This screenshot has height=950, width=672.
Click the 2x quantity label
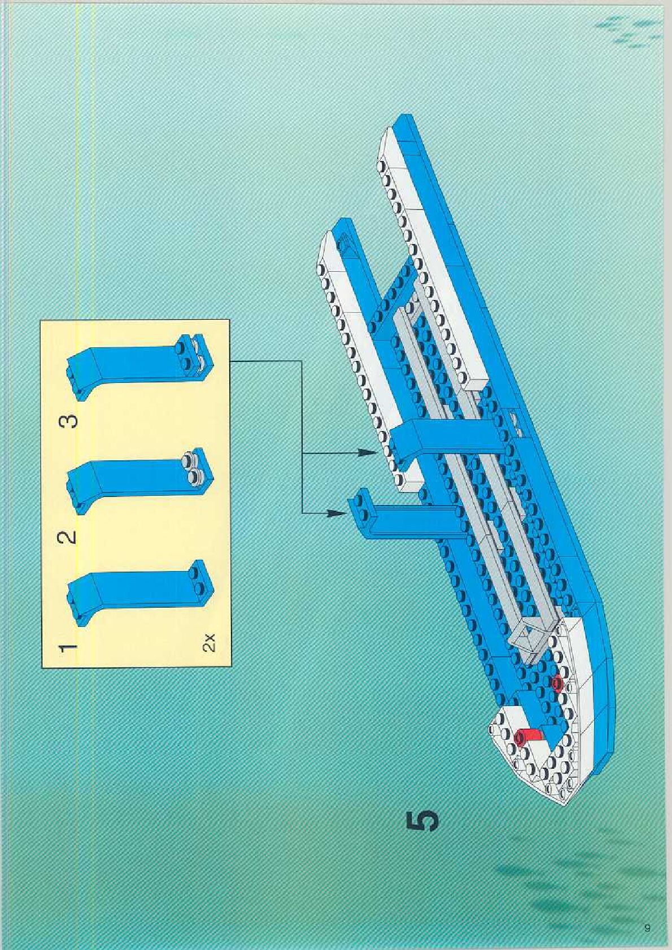(209, 643)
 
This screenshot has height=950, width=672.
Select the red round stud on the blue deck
(558, 684)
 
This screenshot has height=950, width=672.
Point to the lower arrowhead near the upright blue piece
(338, 513)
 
